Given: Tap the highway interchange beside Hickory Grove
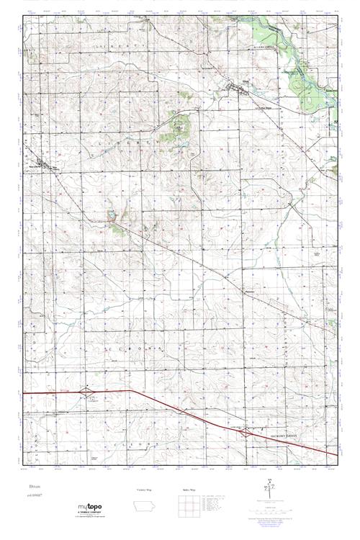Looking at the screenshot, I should click(247, 433).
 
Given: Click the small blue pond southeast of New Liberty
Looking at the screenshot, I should click(111, 215).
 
